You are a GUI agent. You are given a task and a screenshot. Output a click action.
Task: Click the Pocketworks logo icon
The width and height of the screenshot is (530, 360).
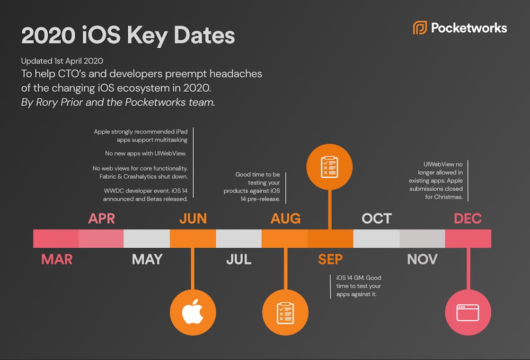[x=420, y=28]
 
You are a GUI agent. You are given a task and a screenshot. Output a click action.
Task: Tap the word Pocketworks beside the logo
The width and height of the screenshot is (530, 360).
[x=469, y=28]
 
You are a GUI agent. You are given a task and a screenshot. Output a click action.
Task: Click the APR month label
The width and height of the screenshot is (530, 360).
[x=102, y=218]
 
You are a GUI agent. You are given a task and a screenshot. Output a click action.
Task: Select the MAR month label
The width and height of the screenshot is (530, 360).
[x=57, y=259]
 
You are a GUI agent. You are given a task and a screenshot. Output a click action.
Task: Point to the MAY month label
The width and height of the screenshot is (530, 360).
[x=147, y=259]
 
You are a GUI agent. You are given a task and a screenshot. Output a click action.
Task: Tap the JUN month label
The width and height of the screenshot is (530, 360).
[x=193, y=218]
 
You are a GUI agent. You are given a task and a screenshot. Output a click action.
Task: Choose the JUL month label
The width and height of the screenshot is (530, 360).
[x=238, y=259]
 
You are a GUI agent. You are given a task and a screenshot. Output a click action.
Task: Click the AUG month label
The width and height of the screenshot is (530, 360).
[x=285, y=218]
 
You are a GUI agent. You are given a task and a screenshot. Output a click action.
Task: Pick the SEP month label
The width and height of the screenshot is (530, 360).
[x=330, y=259]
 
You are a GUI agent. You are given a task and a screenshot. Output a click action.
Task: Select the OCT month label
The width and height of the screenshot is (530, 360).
[x=376, y=218]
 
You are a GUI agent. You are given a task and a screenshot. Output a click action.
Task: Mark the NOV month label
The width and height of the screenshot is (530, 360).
[x=422, y=259]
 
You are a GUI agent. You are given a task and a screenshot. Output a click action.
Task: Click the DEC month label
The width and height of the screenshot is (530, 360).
[x=468, y=218]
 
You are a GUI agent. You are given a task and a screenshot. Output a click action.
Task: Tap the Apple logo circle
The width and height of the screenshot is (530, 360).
[x=193, y=313]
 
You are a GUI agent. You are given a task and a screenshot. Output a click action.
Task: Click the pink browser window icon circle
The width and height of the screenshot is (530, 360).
[x=468, y=313]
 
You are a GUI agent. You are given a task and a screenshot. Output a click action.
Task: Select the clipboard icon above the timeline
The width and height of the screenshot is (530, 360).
[x=330, y=166]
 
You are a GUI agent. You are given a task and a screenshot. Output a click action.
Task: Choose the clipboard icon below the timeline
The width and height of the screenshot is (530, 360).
[x=285, y=313]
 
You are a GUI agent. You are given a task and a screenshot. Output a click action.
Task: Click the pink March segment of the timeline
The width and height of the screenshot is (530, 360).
[x=56, y=239]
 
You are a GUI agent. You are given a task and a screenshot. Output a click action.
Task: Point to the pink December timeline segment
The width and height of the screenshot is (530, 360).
[x=468, y=239]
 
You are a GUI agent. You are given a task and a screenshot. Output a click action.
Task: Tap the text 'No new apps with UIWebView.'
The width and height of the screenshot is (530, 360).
[x=146, y=154]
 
